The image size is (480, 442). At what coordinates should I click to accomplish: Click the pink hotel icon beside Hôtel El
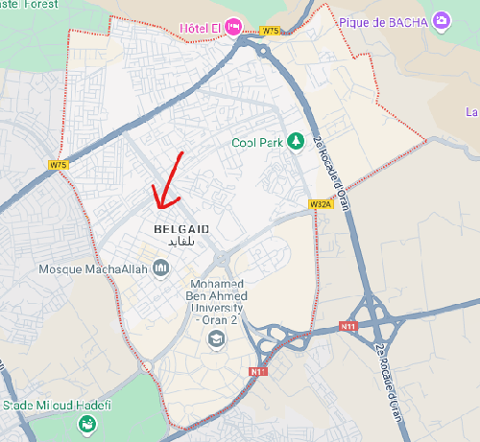233,26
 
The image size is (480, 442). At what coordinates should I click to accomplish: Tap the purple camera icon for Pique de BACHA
441,19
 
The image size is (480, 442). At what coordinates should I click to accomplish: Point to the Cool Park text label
257,143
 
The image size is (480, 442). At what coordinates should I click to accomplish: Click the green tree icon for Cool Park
297,142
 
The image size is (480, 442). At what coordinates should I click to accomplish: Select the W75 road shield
60,165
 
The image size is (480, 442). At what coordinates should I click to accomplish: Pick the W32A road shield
320,204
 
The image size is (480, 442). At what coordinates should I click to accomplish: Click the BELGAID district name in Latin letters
181,230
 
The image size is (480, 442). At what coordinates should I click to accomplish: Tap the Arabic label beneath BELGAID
181,243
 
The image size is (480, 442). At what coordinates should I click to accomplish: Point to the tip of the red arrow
158,208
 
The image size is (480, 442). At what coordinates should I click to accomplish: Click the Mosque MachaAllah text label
93,269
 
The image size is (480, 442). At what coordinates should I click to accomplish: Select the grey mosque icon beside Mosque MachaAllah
160,268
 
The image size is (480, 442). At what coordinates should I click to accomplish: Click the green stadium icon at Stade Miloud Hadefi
87,424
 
